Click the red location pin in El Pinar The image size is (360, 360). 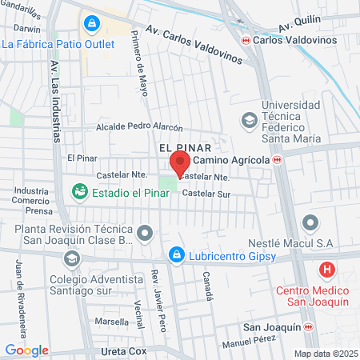click(179, 162)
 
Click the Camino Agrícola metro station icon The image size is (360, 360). click(278, 160)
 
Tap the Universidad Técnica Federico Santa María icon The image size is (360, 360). click(249, 119)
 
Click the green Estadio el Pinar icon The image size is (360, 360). click(80, 191)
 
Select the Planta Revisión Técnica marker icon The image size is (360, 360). click(144, 234)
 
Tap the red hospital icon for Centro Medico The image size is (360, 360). click(326, 270)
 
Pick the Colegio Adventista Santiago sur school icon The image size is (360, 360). click(72, 258)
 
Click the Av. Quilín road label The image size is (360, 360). click(300, 23)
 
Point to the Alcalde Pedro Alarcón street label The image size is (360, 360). click(139, 127)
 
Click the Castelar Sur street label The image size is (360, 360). click(206, 194)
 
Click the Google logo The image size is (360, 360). click(26, 350)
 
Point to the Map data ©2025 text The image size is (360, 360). click(325, 354)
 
